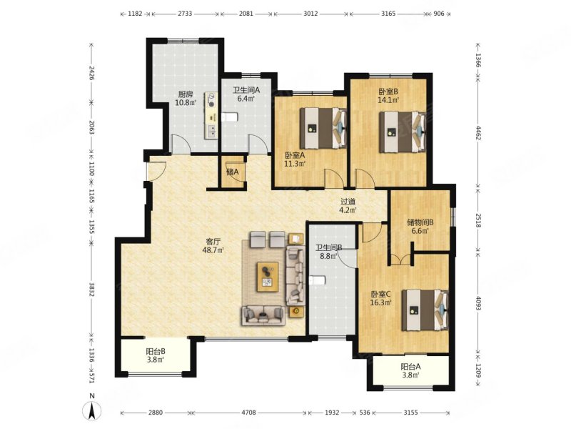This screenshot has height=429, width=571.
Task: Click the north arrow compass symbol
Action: pyautogui.click(x=93, y=410)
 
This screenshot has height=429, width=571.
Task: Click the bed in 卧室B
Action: pyautogui.click(x=403, y=132)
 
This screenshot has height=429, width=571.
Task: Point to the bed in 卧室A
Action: pyautogui.click(x=323, y=128)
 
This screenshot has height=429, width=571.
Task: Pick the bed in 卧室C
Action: pyautogui.click(x=425, y=310)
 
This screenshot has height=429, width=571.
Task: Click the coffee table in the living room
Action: pyautogui.click(x=268, y=277)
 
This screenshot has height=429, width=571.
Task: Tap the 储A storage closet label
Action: pyautogui.click(x=233, y=172)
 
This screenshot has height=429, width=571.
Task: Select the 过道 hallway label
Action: pyautogui.click(x=348, y=202)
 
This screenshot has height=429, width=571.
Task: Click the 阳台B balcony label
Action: pyautogui.click(x=156, y=351)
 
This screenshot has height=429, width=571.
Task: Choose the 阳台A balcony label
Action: pyautogui.click(x=411, y=367)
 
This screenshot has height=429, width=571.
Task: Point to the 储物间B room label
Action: pyautogui.click(x=420, y=222)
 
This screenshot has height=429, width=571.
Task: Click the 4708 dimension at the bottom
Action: pyautogui.click(x=249, y=413)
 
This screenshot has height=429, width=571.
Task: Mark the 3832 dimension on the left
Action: pyautogui.click(x=91, y=290)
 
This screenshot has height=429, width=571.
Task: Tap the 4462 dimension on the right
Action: pyautogui.click(x=478, y=132)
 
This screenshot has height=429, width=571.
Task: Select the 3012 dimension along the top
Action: pyautogui.click(x=310, y=14)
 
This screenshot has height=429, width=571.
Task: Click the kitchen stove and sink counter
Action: pyautogui.click(x=211, y=115)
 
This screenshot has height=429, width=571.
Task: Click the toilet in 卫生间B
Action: pyautogui.click(x=316, y=280)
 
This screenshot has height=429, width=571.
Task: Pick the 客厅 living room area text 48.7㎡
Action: pyautogui.click(x=213, y=250)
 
